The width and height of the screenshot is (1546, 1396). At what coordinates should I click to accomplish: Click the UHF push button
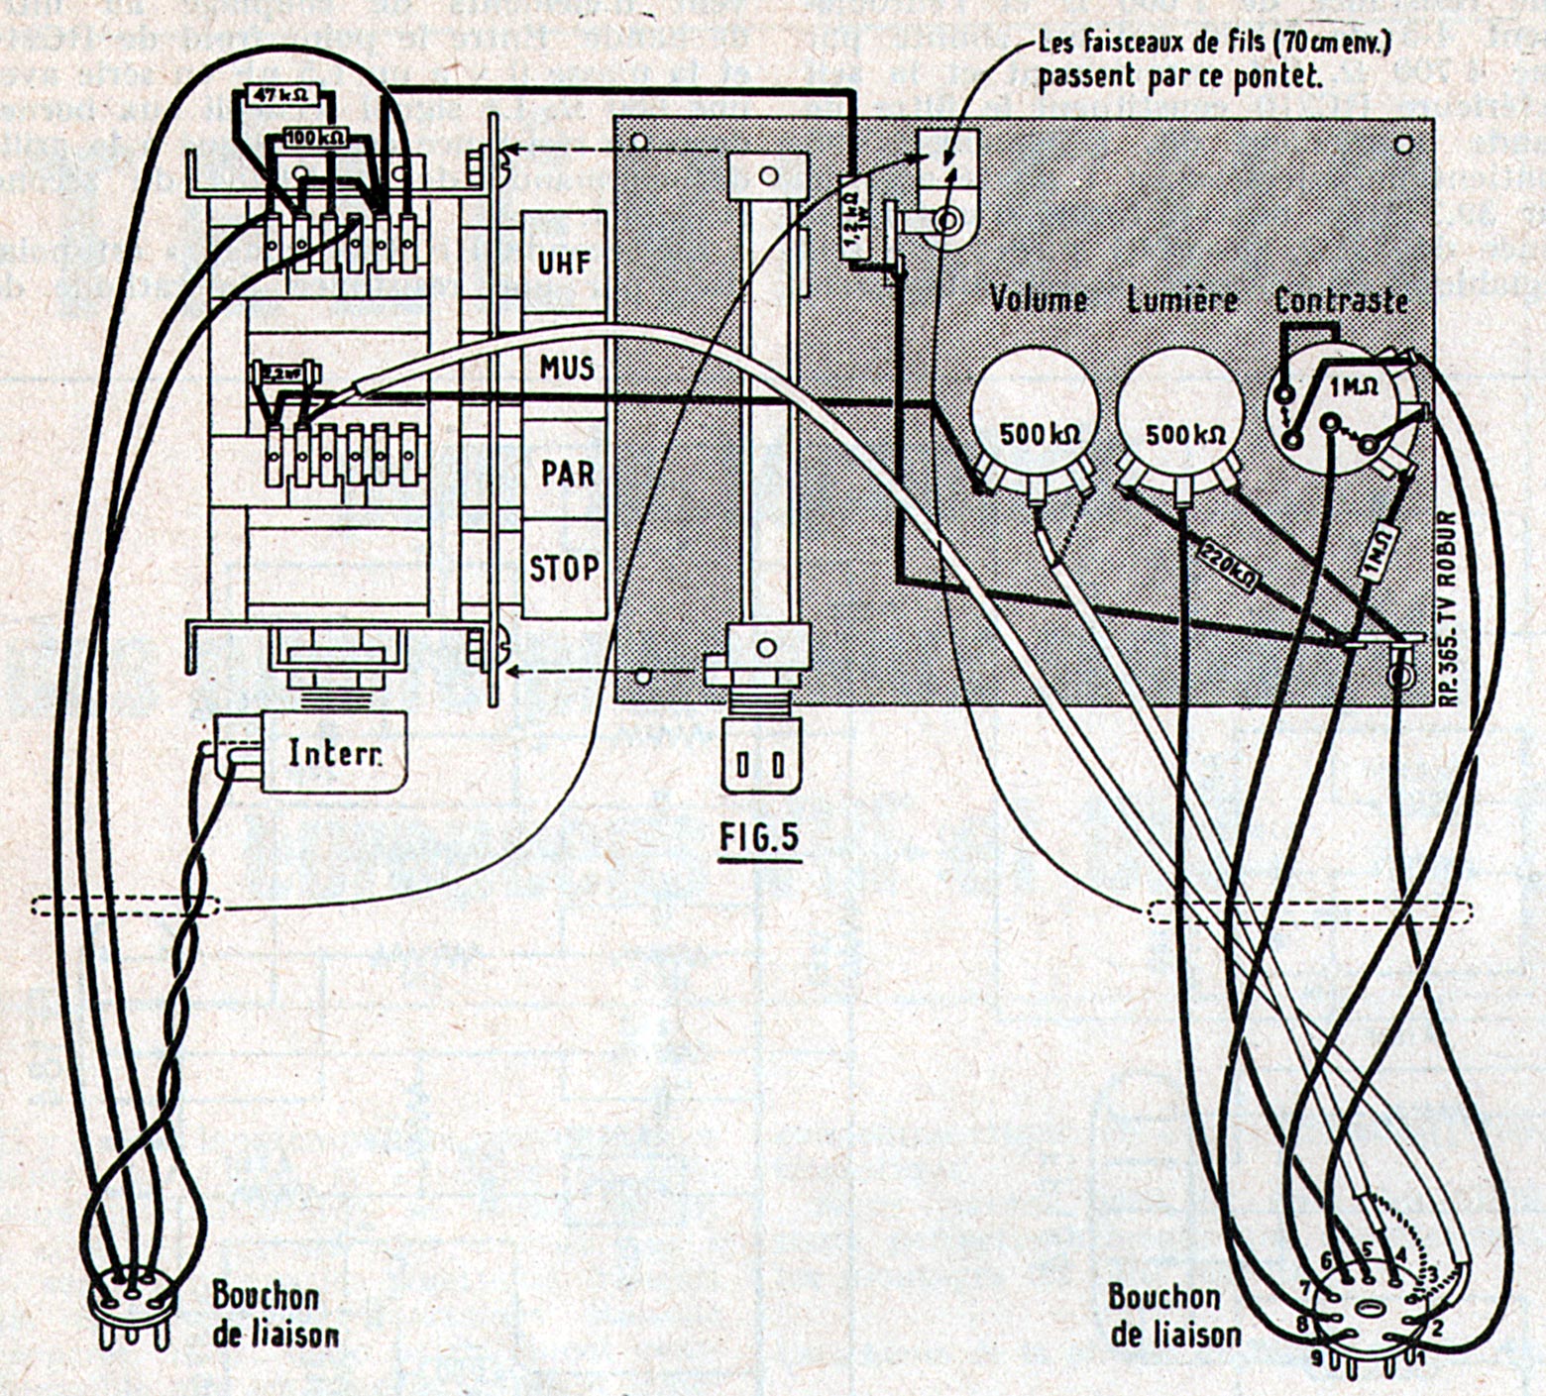(564, 263)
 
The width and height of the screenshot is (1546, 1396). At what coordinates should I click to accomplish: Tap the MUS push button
(566, 368)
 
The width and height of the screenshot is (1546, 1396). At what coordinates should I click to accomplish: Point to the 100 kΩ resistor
(316, 137)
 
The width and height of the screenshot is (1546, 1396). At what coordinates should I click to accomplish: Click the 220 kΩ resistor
(1227, 566)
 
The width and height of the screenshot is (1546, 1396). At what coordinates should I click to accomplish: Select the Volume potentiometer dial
(1036, 416)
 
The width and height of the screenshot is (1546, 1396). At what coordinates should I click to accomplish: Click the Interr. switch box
(332, 754)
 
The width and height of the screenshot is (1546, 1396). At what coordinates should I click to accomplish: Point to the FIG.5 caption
(758, 838)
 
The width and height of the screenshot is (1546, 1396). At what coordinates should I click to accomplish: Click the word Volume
(1038, 299)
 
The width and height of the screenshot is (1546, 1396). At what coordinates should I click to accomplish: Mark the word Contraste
(1341, 299)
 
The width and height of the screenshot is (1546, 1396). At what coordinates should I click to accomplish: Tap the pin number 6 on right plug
(1326, 1259)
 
